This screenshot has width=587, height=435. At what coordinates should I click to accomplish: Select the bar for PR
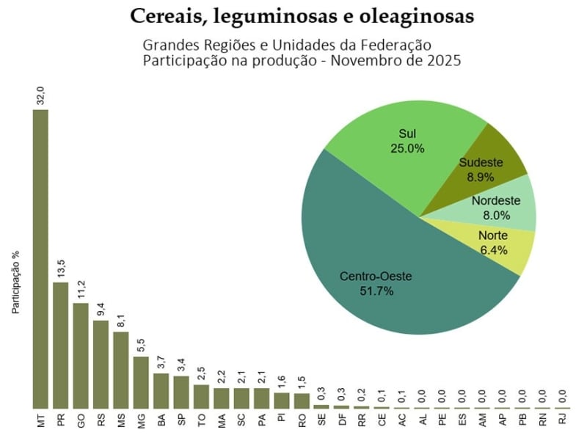pos(61,345)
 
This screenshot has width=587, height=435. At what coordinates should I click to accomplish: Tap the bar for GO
pos(81,355)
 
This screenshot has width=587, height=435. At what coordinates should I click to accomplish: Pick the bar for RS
pos(101,364)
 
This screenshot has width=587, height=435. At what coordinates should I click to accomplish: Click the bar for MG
pos(141,382)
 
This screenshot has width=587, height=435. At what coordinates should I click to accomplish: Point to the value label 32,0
pos(41,96)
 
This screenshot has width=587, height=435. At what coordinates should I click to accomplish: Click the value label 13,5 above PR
pos(61,268)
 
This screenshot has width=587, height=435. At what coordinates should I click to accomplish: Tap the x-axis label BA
pos(161,421)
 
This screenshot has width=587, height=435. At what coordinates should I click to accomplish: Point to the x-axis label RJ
pos(562,421)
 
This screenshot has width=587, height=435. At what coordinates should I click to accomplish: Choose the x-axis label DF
pos(342,421)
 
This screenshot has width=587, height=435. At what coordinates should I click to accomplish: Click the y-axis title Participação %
pos(15,283)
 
